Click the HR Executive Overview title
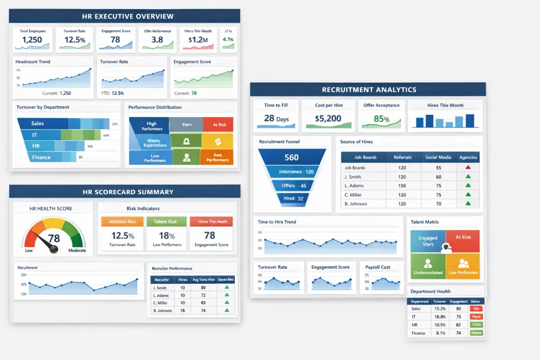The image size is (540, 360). pos(124,16)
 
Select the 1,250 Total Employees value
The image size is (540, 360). pos(32,40)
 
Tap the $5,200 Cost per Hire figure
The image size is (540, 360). pos(328,118)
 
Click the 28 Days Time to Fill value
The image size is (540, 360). pos(276,118)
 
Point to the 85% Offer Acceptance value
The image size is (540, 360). pos(382,119)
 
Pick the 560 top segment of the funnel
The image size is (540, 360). pos(291,158)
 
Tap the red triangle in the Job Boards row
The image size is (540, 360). pos(468,167)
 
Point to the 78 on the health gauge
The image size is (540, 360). pos(54,239)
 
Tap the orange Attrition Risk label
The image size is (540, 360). pos(122,221)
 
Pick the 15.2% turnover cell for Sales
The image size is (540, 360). pos(440,309)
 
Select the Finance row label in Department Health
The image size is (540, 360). pos(418,333)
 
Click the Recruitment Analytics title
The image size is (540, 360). pos(369,90)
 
